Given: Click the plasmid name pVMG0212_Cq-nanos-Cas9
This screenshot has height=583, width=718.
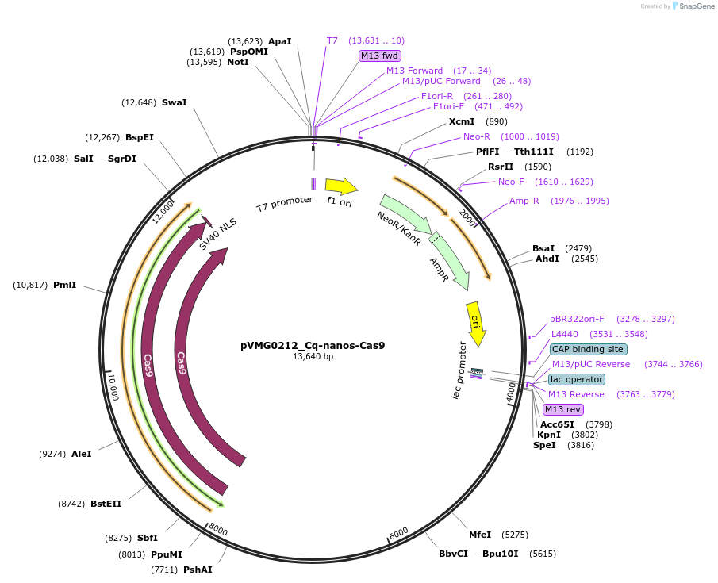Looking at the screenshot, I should (313, 346).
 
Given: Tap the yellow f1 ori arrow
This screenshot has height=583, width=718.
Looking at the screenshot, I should (341, 186).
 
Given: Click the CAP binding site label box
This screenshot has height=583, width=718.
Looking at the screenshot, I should (588, 349).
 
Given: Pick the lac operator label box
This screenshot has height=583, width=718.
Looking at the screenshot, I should (577, 379).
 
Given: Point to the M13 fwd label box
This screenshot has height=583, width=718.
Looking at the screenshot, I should (380, 56).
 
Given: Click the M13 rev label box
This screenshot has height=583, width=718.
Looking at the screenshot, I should (562, 409).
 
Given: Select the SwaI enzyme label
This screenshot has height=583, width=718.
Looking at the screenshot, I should (175, 102).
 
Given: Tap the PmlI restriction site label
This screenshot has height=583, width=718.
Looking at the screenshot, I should (64, 285).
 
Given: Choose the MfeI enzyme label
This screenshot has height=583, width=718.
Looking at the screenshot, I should (480, 535).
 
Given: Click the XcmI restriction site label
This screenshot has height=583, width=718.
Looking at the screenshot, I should (462, 121).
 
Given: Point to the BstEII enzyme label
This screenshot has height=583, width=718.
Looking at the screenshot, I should (106, 504).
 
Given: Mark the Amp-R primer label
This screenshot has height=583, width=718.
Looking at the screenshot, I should (524, 201).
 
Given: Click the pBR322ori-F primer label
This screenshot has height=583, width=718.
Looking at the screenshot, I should (577, 319).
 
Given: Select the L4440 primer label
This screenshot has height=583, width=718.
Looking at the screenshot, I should (565, 334).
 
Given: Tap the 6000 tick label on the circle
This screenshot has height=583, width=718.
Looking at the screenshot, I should (398, 531).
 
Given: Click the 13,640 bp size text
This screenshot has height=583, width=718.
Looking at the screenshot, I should (313, 357).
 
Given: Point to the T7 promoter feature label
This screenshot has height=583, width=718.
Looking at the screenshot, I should (284, 204).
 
